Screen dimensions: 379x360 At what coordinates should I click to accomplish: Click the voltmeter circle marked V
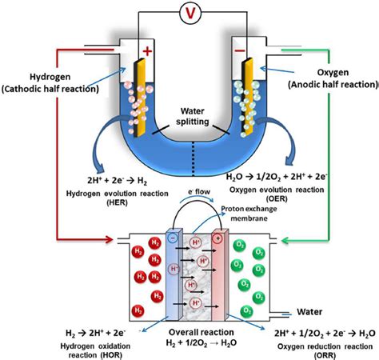point(190,13)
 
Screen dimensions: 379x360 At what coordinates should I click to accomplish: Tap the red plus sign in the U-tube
point(147,51)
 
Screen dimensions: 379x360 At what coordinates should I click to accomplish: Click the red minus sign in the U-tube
point(241,50)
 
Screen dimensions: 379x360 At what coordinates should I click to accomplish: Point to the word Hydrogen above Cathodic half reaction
point(50,77)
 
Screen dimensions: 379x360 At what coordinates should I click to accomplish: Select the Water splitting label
point(192,116)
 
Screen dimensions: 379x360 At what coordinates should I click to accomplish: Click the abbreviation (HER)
point(118,202)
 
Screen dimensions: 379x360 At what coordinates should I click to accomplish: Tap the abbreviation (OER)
point(277,198)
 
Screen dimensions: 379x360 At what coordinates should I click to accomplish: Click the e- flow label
point(199,192)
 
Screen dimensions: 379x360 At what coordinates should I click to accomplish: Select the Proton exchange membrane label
point(249,214)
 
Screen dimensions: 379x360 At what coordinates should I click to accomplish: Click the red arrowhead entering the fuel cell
point(110,239)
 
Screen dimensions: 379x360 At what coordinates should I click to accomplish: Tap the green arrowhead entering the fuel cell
point(285,241)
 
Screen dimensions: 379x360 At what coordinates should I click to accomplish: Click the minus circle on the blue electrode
point(173,238)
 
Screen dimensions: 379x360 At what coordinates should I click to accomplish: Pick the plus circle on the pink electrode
point(218,238)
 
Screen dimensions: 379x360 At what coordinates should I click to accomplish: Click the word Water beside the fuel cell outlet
point(309,312)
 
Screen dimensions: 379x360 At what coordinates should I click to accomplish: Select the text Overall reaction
point(201,332)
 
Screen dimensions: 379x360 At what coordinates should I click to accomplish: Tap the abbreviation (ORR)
point(325,355)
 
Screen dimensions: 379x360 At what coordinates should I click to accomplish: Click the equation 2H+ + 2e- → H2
point(117,181)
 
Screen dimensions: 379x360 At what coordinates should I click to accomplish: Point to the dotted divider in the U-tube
point(193,159)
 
